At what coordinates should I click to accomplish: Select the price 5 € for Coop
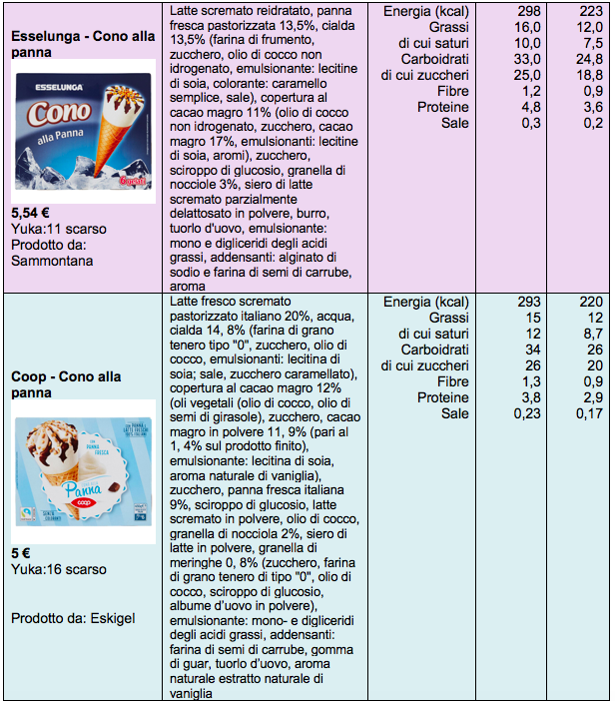[21, 554]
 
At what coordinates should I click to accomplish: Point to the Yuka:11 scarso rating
[58, 229]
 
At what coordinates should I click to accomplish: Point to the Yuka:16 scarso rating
[58, 570]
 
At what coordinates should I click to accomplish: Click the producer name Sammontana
[53, 261]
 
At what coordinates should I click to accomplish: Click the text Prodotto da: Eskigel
[73, 618]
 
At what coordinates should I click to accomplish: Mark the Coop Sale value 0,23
[527, 413]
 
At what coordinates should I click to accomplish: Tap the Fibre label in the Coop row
[451, 381]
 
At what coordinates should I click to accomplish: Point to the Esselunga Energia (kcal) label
[425, 11]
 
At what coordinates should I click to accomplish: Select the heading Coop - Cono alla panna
[66, 384]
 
